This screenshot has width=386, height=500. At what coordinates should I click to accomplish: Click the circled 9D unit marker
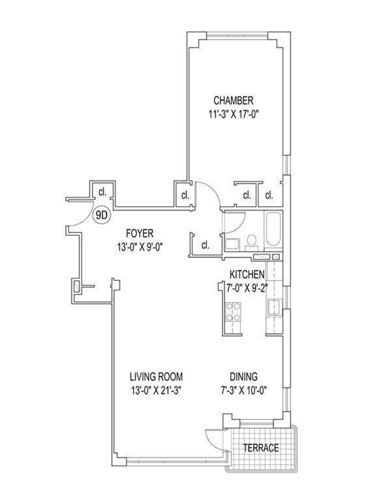[101, 216]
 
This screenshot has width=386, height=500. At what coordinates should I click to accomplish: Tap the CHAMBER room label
[234, 100]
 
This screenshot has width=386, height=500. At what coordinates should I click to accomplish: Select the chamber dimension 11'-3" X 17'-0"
[233, 114]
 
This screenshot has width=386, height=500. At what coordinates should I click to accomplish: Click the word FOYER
[139, 234]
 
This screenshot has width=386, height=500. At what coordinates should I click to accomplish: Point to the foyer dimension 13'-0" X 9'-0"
[140, 247]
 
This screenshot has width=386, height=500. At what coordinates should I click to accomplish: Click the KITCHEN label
[247, 274]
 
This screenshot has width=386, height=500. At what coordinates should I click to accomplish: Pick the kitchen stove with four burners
[233, 312]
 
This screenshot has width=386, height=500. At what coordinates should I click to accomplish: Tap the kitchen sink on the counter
[274, 307]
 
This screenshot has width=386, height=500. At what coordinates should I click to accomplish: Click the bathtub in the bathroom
[273, 229]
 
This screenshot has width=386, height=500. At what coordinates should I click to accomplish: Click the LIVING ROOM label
[156, 376]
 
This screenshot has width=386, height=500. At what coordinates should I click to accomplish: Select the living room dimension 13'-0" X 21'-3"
[156, 390]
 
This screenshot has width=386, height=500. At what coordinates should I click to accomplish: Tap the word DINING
[244, 376]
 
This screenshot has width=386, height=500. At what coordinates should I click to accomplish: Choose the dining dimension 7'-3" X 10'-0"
[244, 390]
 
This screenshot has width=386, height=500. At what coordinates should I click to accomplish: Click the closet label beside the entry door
[102, 192]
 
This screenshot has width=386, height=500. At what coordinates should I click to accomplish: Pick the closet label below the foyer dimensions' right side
[205, 245]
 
